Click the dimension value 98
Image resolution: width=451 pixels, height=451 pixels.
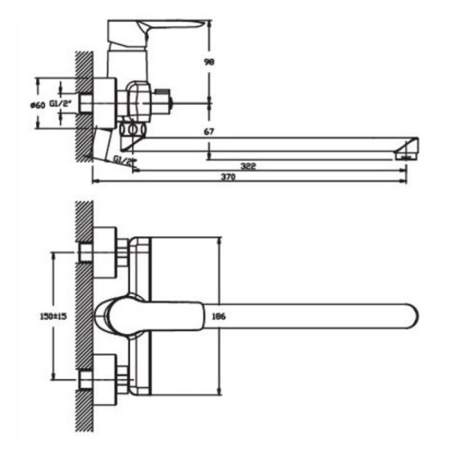point(209,61)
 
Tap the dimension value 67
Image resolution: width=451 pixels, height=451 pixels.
point(209,131)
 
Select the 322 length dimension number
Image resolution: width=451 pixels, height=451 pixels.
point(248,166)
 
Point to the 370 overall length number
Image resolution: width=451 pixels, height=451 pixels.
point(228,176)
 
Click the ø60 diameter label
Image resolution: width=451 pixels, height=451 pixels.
point(38,106)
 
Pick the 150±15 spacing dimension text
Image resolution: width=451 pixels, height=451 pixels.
point(53,317)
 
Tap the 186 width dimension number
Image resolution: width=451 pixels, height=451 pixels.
point(219,317)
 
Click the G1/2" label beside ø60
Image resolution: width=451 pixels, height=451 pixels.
point(60,103)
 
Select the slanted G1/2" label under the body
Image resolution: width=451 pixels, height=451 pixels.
point(125,160)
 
